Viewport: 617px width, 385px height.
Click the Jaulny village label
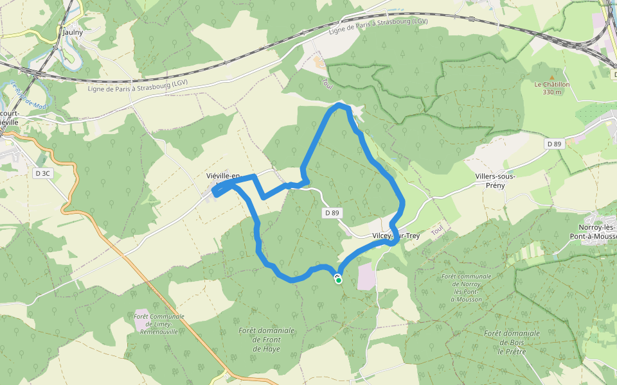pyautogui.click(x=73, y=31)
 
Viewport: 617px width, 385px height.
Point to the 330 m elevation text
pyautogui.click(x=551, y=92)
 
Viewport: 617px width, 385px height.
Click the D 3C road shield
pyautogui.click(x=42, y=173)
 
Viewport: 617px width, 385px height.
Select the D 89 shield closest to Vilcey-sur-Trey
pyautogui.click(x=332, y=212)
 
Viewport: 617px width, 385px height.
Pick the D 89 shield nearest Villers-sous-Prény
pyautogui.click(x=555, y=144)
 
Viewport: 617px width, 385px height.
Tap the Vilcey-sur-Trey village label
pyautogui.click(x=396, y=236)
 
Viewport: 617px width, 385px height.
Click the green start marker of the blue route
pyautogui.click(x=338, y=280)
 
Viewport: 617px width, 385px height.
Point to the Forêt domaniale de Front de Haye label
pyautogui.click(x=266, y=339)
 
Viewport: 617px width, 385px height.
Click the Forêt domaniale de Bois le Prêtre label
pyautogui.click(x=512, y=342)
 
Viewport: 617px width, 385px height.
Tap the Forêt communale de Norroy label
pyautogui.click(x=466, y=287)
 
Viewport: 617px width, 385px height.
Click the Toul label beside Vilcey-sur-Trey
pyautogui.click(x=438, y=230)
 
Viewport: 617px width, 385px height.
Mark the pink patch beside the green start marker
pyautogui.click(x=366, y=276)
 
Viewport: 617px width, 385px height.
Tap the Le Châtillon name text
pyautogui.click(x=551, y=84)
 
